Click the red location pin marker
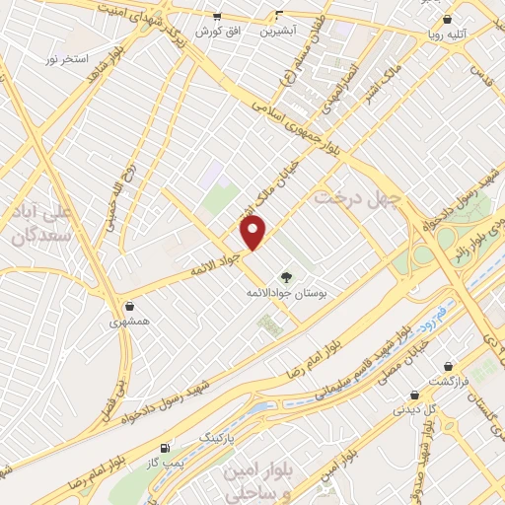254,233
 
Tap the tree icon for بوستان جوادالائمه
287,277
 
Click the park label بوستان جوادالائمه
287,294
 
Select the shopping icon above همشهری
130,305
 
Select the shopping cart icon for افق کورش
217,16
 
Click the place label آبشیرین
279,31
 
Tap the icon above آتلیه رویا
447,18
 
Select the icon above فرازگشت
449,365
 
